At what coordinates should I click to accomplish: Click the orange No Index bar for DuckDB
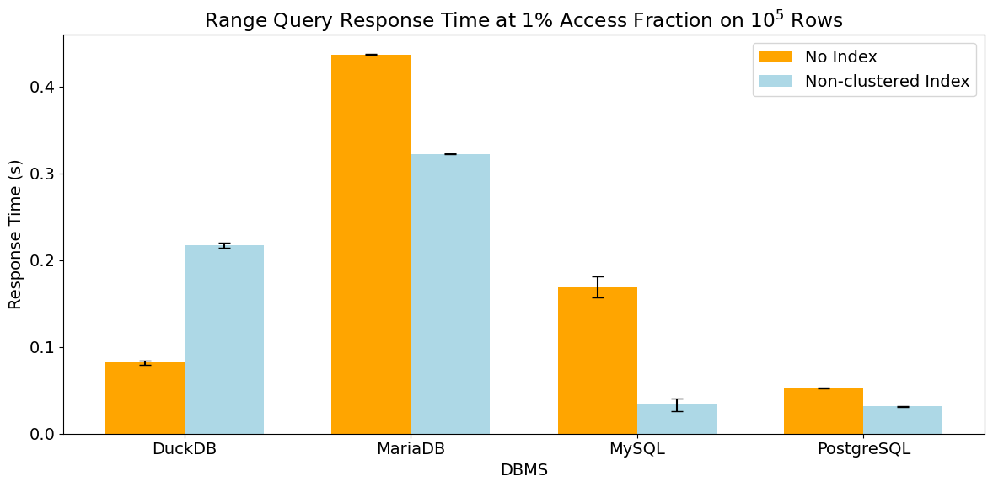(145, 399)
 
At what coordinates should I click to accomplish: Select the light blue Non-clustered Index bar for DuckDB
(224, 340)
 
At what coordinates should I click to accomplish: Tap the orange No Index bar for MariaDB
(371, 244)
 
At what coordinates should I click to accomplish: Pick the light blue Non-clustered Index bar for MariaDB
(450, 294)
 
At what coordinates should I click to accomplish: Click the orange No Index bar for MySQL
(597, 361)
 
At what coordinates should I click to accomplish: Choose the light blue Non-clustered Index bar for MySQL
(676, 420)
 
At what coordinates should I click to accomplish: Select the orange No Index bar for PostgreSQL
(824, 411)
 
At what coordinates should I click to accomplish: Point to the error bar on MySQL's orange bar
(597, 287)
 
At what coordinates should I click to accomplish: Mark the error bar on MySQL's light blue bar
(677, 405)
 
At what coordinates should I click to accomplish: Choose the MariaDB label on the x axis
(411, 450)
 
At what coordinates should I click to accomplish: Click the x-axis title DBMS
(523, 470)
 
